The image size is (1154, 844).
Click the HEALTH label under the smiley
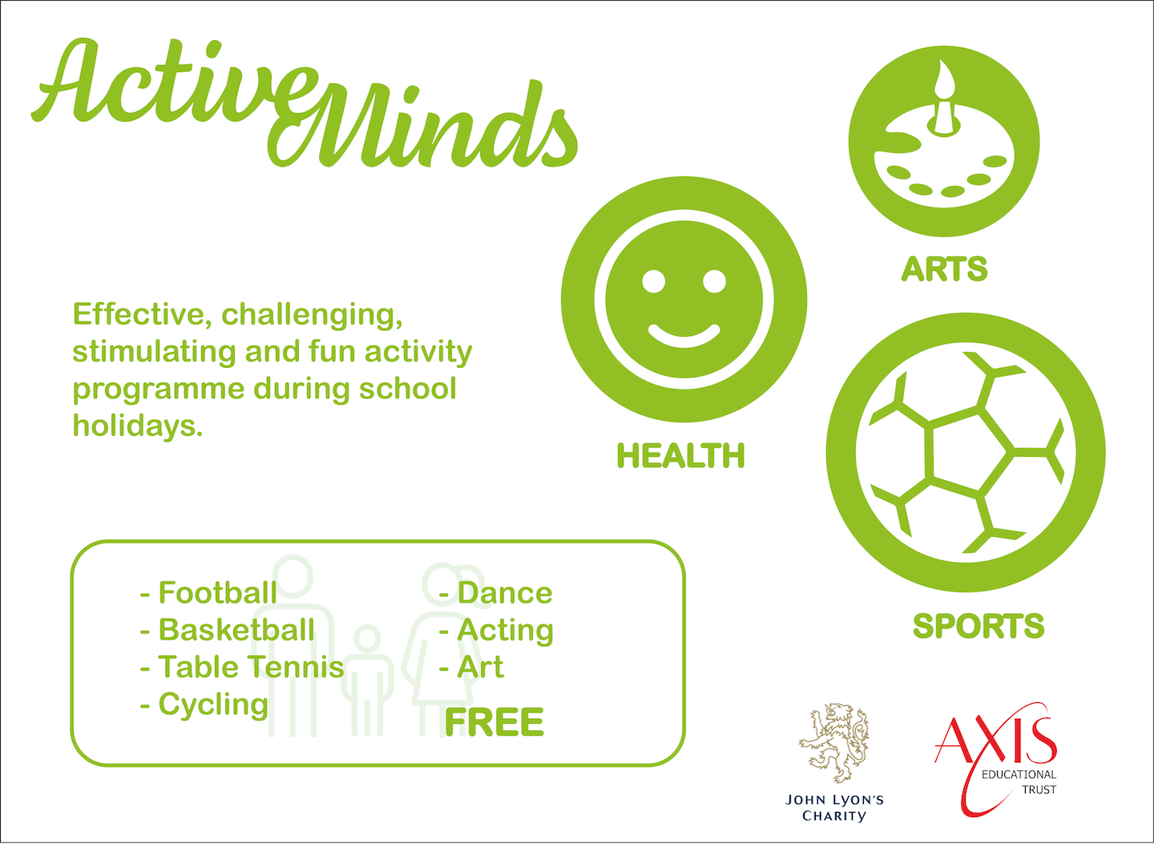680,456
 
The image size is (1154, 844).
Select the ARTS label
944,269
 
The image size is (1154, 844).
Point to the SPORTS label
978,626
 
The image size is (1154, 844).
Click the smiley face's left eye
654,281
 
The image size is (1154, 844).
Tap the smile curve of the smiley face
684,335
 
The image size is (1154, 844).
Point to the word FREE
494,722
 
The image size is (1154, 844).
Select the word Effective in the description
141,314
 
